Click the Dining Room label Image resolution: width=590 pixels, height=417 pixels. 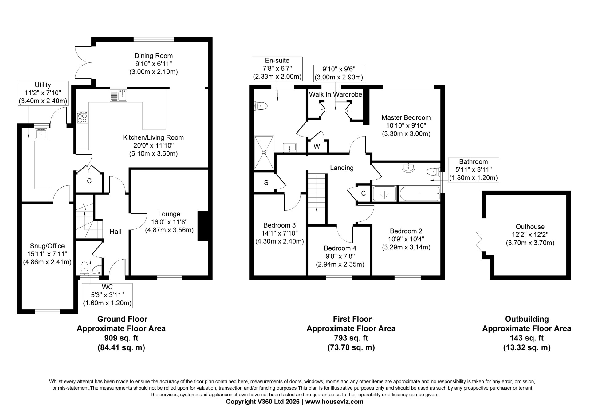point(154,56)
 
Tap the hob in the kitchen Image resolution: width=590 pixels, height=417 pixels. point(82,117)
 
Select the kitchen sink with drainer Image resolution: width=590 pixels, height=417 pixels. point(118,95)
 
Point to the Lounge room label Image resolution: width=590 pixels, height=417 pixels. point(169,214)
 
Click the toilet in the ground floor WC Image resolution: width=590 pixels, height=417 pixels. point(84,268)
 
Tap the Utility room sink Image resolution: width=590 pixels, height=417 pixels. point(41,134)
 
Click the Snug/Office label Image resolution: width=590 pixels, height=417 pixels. point(47,246)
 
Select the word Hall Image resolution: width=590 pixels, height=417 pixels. point(116,232)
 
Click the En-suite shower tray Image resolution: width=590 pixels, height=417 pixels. point(264,152)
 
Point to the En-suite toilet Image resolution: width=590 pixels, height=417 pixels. point(261,106)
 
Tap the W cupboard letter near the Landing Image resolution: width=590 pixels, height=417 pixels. point(317,146)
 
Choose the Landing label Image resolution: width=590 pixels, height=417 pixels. point(342,168)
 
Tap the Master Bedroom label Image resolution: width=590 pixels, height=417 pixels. point(406,117)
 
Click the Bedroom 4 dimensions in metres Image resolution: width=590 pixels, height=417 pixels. point(340,264)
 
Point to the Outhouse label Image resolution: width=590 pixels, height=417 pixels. point(530,227)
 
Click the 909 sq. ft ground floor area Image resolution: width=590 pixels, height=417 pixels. point(121,338)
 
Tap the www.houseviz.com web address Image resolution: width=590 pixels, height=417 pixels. point(334,402)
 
